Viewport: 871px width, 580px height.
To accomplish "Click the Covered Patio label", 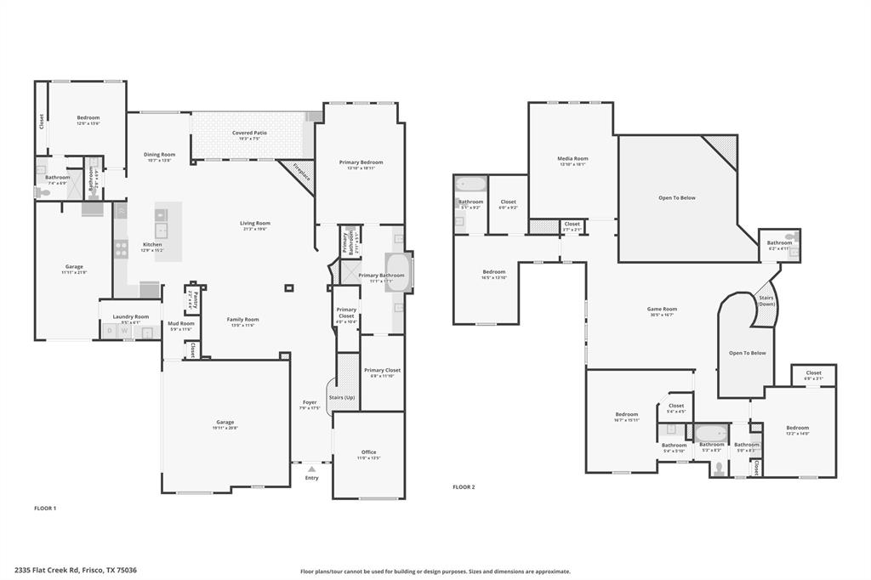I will coord(249,133).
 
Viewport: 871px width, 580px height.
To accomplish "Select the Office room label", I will coord(367,452).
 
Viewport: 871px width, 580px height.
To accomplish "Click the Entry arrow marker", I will coord(311,469).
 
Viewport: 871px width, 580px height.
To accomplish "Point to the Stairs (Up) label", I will coord(342,397).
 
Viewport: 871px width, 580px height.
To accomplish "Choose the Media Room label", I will coord(572,158).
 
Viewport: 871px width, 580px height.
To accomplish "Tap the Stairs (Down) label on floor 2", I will coord(766,300).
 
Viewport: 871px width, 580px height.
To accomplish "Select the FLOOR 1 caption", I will coord(44,508).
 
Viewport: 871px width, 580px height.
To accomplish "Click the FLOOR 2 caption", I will coord(464,487).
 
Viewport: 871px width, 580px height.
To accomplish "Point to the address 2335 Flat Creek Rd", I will coord(75,571).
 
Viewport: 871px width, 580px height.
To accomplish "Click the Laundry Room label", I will coord(130,316).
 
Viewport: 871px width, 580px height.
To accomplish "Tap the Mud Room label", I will coord(180,323).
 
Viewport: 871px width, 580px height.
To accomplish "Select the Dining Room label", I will coord(159,155).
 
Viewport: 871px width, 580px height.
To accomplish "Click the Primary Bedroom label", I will coord(361,162).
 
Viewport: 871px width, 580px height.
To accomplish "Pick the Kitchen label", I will coord(151,245).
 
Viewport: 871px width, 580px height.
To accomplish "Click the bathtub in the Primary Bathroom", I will coord(399,272).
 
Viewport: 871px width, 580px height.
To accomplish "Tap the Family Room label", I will coord(242,320).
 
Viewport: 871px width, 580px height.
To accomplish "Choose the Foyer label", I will coord(310,402).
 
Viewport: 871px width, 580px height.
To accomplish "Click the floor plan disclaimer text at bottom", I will coord(435,571).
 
